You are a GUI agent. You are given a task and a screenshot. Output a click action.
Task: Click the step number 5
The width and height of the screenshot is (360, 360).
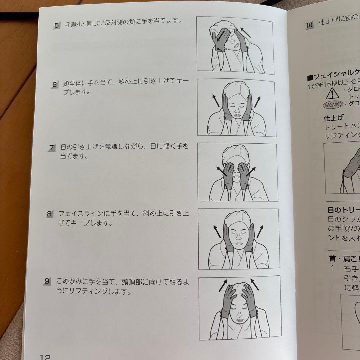(56, 25)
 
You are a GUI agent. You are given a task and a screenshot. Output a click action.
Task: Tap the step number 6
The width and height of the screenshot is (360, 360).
(55, 85)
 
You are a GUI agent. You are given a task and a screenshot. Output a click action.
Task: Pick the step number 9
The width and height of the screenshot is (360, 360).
(47, 282)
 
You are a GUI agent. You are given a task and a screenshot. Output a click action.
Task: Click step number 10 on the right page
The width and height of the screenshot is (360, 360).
(309, 24)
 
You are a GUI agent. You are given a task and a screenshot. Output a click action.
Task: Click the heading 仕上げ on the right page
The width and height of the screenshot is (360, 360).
(333, 118)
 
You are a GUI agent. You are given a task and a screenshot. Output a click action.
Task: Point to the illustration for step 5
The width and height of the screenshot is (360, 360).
(235, 45)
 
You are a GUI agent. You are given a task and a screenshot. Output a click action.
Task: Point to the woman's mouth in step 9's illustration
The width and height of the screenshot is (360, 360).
(237, 321)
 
